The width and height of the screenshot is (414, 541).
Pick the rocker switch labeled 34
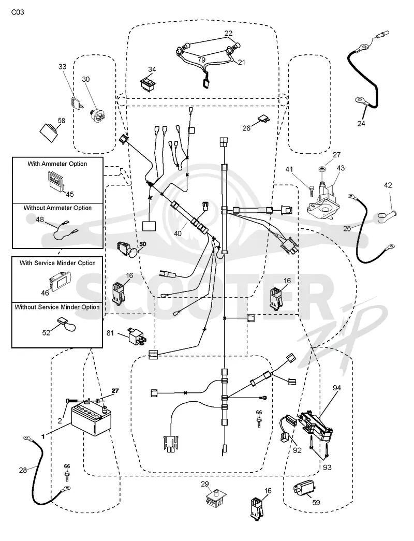click(147, 83)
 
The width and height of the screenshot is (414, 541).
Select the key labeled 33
click(77, 103)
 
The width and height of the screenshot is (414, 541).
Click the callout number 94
click(337, 388)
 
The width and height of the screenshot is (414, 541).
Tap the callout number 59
click(316, 503)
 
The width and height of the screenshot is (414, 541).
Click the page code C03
click(18, 12)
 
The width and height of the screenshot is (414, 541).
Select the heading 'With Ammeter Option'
click(57, 164)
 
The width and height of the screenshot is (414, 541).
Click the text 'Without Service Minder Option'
click(57, 307)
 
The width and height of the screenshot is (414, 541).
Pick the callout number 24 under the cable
click(361, 124)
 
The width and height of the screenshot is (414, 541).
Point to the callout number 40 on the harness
click(178, 233)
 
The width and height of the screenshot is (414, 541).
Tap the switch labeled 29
click(214, 496)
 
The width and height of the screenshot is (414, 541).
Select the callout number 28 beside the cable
click(23, 470)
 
